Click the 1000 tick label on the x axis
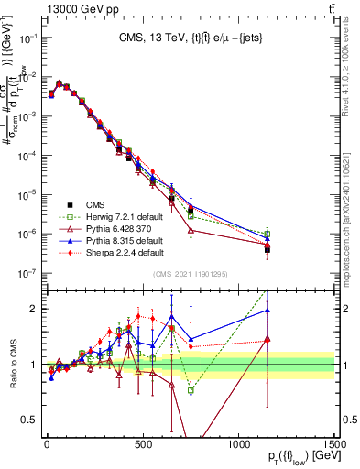pyautogui.click(x=238, y=443)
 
